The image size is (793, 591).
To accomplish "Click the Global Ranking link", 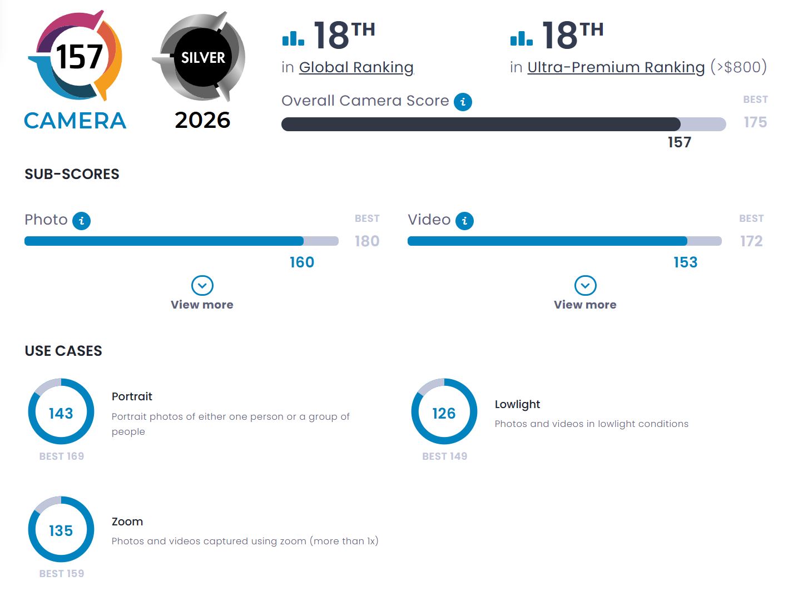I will pyautogui.click(x=356, y=67).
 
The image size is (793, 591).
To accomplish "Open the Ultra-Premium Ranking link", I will pyautogui.click(x=616, y=67).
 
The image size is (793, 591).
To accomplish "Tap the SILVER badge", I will pyautogui.click(x=202, y=57).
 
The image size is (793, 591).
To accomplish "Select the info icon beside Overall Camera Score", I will pyautogui.click(x=463, y=102).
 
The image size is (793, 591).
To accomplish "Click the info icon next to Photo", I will pyautogui.click(x=81, y=221).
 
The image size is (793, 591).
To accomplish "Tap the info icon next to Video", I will pyautogui.click(x=464, y=221).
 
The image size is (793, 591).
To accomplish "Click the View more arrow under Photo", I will pyautogui.click(x=202, y=286).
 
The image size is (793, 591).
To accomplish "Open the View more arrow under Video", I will pyautogui.click(x=585, y=286).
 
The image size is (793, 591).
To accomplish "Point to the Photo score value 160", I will pyautogui.click(x=302, y=262).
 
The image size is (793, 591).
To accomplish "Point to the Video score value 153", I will pyautogui.click(x=685, y=262).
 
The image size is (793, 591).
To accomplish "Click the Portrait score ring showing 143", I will pyautogui.click(x=61, y=412).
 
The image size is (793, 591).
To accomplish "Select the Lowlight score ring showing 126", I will pyautogui.click(x=444, y=412).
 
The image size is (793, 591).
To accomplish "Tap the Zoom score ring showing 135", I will pyautogui.click(x=61, y=529).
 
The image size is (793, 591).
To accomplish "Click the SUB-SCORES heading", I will pyautogui.click(x=72, y=174).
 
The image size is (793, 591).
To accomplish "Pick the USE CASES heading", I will pyautogui.click(x=63, y=351).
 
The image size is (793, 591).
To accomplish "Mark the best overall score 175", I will pyautogui.click(x=755, y=122).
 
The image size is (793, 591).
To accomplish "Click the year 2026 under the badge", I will pyautogui.click(x=202, y=120).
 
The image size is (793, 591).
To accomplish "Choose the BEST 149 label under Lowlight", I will pyautogui.click(x=444, y=456).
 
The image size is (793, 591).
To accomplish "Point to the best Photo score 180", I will pyautogui.click(x=367, y=241).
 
